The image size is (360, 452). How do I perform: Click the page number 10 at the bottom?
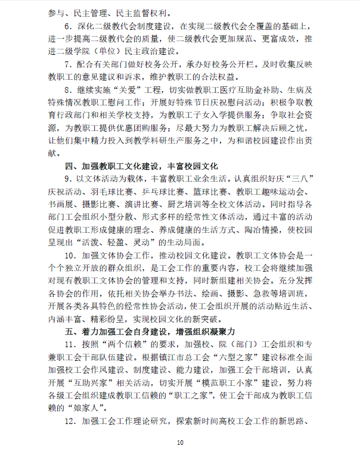click(x=180, y=442)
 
